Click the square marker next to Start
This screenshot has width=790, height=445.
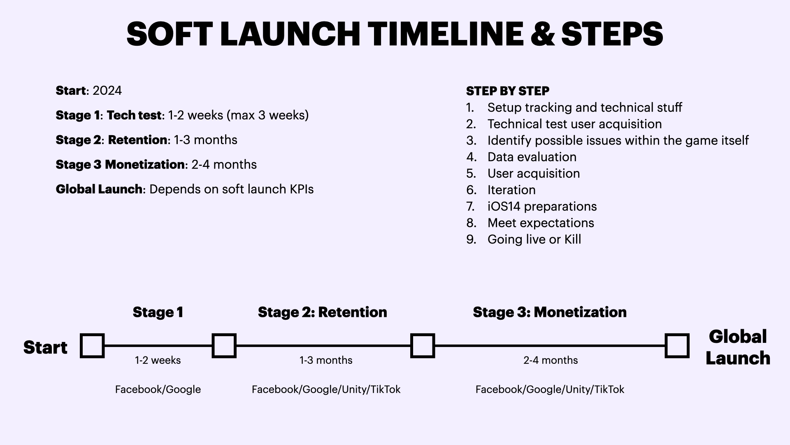click(x=92, y=346)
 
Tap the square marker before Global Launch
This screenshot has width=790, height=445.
click(x=677, y=346)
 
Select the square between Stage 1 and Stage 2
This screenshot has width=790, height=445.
click(x=224, y=346)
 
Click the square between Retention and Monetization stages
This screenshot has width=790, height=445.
click(x=423, y=346)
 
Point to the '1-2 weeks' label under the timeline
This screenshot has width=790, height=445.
click(x=158, y=360)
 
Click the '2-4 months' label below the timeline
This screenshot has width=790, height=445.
click(x=550, y=360)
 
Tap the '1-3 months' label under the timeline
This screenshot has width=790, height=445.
click(x=325, y=360)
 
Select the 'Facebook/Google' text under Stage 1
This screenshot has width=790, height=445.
click(x=158, y=389)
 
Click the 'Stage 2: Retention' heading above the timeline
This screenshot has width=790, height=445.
click(x=322, y=312)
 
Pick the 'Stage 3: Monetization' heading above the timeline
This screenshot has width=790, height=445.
click(x=549, y=312)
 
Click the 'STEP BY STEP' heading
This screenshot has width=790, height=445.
click(x=507, y=91)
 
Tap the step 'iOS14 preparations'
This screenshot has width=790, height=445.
click(x=542, y=206)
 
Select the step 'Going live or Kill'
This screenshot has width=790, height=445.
click(x=534, y=239)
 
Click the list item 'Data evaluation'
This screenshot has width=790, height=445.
click(x=532, y=157)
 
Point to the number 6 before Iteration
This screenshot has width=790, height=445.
click(x=471, y=190)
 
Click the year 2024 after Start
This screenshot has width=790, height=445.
click(x=107, y=91)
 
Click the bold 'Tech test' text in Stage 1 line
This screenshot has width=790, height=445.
click(x=134, y=115)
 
